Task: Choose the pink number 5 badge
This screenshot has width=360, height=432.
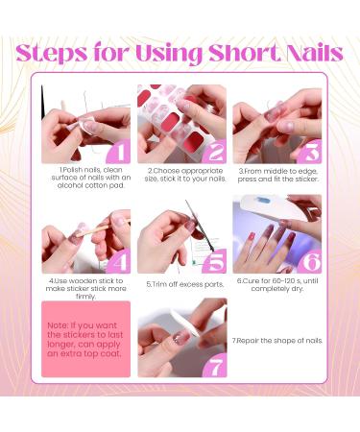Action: pyautogui.click(x=214, y=260)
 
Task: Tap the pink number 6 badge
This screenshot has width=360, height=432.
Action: pyautogui.click(x=309, y=260)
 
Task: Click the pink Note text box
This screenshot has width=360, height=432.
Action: pyautogui.click(x=85, y=339)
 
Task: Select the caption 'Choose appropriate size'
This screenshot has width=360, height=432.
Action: pyautogui.click(x=181, y=178)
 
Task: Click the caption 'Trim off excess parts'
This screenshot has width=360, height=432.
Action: pyautogui.click(x=181, y=284)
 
